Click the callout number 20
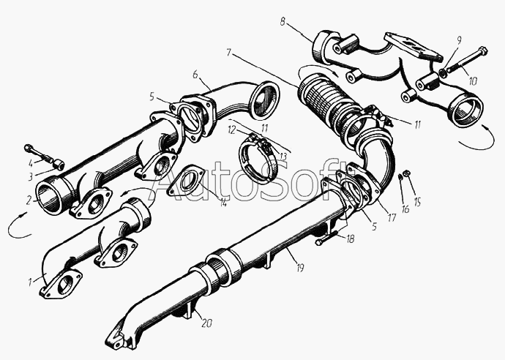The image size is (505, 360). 206,323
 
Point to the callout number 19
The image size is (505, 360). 299,267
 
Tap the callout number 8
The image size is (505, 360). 283,22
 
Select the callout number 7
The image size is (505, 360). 228,52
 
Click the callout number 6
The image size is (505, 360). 195,74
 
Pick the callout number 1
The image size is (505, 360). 30,282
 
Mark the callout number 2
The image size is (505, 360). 29,200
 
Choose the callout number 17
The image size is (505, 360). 392,218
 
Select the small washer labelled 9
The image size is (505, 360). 444,73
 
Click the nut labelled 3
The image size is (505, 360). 59,165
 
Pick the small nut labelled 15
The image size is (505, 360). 406,173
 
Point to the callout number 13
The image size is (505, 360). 283,157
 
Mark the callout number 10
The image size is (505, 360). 473,81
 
